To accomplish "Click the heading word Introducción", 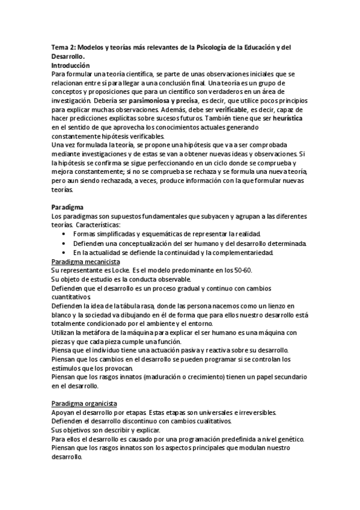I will click(x=71, y=65).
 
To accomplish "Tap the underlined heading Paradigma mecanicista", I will click(x=85, y=262).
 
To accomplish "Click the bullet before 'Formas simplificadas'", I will click(x=64, y=234).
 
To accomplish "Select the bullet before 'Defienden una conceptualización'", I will click(x=64, y=243).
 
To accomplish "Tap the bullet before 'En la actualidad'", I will click(x=64, y=253).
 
